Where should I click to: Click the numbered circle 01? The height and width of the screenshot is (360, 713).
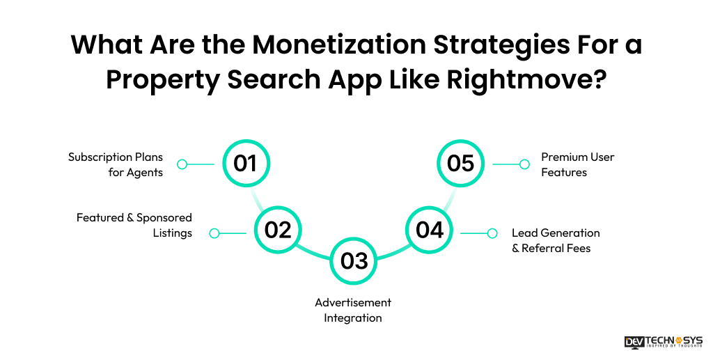[245, 164]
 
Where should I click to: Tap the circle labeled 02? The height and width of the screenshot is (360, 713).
[278, 230]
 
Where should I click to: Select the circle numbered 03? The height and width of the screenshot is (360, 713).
[354, 260]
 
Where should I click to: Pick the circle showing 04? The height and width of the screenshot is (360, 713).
[430, 230]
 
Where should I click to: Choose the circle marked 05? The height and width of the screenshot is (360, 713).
[460, 164]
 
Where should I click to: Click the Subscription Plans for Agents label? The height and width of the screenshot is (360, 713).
[116, 164]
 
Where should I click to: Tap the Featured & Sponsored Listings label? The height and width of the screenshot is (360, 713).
[134, 226]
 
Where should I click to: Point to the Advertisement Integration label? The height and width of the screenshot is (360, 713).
[353, 310]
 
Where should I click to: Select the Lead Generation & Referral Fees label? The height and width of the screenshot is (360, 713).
[555, 240]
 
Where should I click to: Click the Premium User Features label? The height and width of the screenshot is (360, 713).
[577, 164]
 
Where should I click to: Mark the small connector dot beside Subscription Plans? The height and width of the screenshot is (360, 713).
[182, 164]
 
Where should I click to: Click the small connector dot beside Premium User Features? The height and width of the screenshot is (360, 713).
[525, 164]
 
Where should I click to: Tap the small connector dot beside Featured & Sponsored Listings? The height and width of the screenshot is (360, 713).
[214, 233]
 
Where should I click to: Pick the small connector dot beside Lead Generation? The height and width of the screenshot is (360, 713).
[492, 233]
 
